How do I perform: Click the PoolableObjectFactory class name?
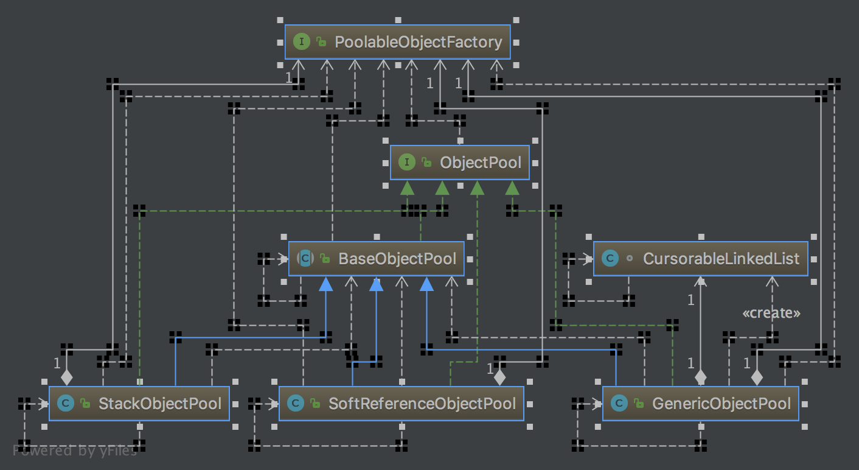(x=418, y=42)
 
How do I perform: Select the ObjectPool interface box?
(x=459, y=163)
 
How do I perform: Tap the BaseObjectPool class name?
(x=397, y=259)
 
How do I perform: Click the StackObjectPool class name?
(x=159, y=403)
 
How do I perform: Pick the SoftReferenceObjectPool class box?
(x=401, y=403)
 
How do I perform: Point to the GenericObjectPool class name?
(x=721, y=403)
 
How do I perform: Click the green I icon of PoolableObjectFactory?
(x=301, y=42)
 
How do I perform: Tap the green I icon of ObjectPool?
(x=406, y=163)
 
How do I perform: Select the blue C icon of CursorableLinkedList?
(x=609, y=259)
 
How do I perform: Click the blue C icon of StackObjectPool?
(x=65, y=403)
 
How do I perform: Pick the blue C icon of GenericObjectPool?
(x=619, y=403)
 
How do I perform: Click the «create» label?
(x=771, y=314)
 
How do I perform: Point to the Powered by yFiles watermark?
(x=74, y=451)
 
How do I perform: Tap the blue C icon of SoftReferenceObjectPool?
(x=295, y=403)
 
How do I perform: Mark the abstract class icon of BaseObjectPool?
(x=305, y=259)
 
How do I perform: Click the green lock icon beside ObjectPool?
(x=426, y=163)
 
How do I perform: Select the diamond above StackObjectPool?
(x=67, y=377)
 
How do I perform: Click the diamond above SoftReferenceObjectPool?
(x=499, y=377)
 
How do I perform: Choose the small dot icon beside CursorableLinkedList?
(x=630, y=259)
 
